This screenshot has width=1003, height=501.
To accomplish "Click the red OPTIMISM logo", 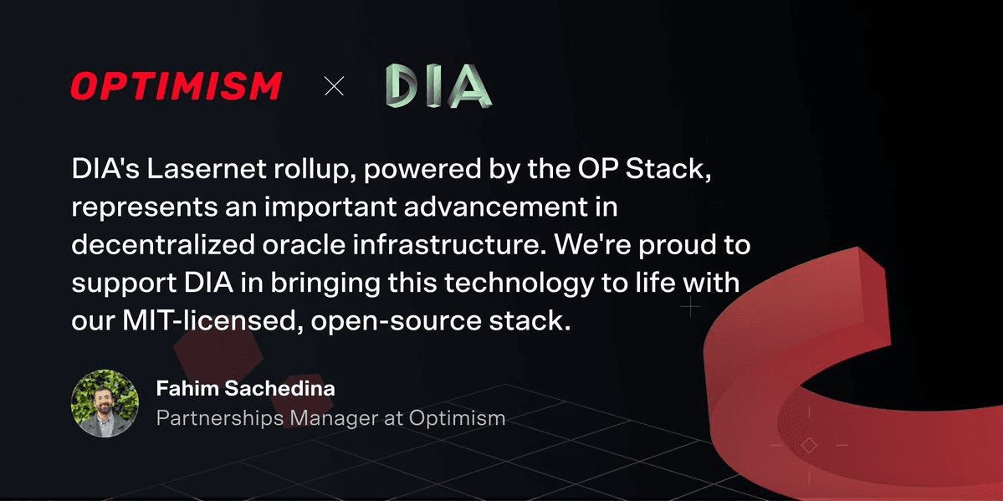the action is (176, 86).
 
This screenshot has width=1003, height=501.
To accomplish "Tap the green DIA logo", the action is (438, 85).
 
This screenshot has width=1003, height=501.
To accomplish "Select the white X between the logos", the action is (334, 86).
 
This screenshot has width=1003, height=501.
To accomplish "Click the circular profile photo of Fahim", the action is (105, 403).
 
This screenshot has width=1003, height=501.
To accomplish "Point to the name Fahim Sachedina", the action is (246, 388).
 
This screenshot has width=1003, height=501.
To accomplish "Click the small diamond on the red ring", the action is (809, 445).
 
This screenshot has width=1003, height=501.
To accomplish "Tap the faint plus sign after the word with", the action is (690, 307).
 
